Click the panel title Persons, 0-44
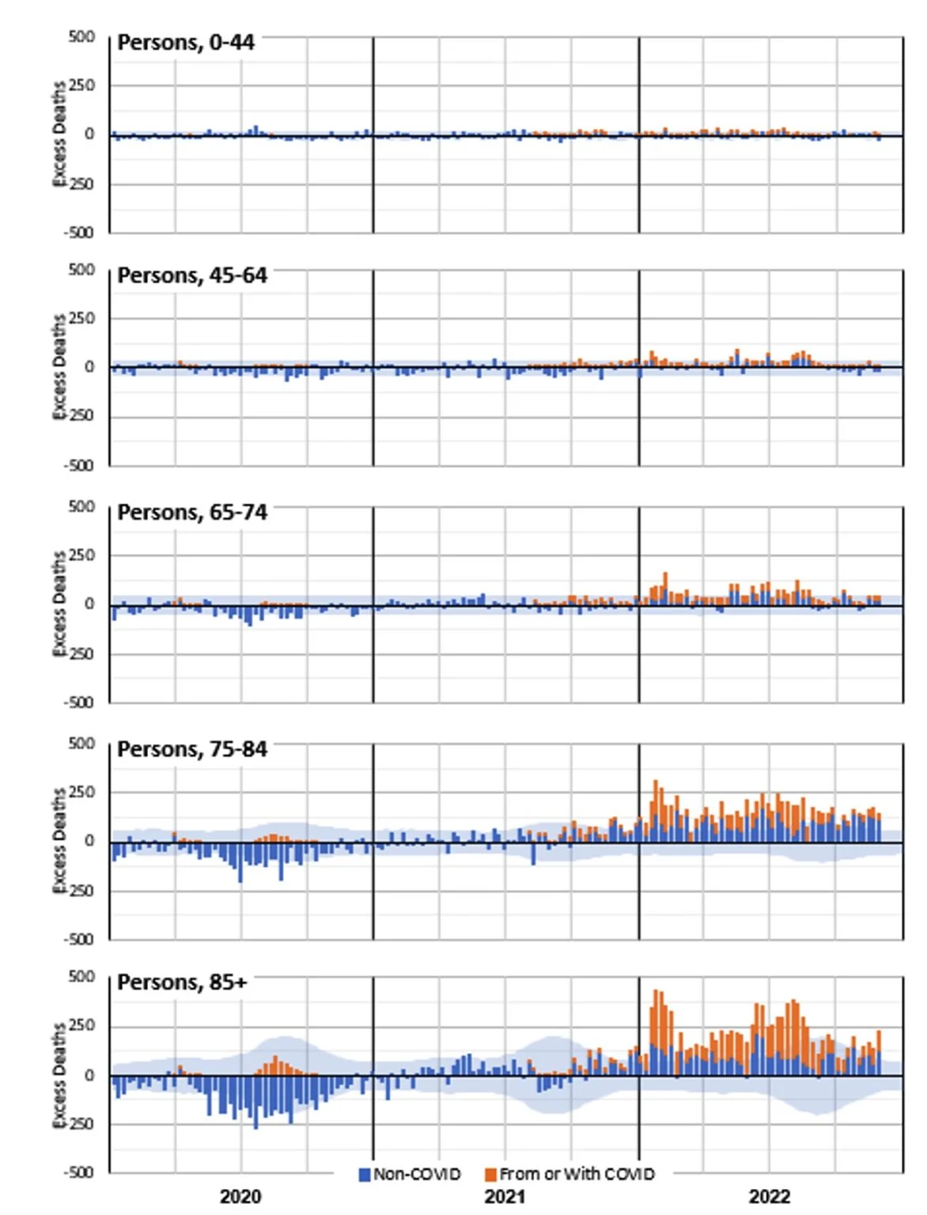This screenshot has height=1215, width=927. [x=186, y=43]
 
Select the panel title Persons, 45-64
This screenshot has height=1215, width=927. [x=192, y=275]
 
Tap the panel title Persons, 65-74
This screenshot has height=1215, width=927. [x=192, y=513]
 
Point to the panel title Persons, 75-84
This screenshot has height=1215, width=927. [x=192, y=749]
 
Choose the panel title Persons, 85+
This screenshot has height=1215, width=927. [x=182, y=982]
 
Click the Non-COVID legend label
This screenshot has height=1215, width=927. [x=417, y=1174]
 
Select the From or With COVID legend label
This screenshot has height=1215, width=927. [x=577, y=1174]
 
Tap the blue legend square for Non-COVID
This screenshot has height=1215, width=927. [x=365, y=1175]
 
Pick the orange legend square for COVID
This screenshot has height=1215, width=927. [x=490, y=1175]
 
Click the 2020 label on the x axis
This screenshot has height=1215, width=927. [x=240, y=1196]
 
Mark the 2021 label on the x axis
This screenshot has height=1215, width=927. [x=505, y=1196]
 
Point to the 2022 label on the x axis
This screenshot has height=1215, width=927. [x=770, y=1196]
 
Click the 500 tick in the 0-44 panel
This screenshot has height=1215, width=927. [x=81, y=36]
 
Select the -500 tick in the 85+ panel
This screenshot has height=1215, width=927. [x=79, y=1172]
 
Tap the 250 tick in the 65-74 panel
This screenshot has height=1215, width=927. [x=81, y=555]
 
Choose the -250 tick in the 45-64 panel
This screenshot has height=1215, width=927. [x=79, y=415]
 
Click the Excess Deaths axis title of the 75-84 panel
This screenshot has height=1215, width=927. [x=59, y=841]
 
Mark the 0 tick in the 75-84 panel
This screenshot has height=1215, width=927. [x=89, y=841]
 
